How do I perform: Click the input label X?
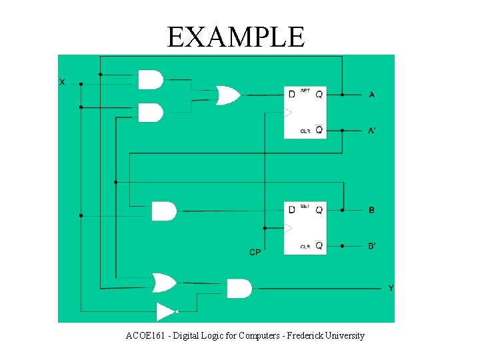click(62, 82)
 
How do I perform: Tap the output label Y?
click(391, 288)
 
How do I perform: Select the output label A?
click(371, 95)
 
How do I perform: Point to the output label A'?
click(372, 130)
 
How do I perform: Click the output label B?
click(371, 210)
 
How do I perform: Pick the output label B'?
click(372, 246)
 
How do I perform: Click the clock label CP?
click(255, 252)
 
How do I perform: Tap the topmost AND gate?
click(150, 79)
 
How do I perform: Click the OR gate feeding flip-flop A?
click(227, 95)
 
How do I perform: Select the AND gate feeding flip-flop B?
click(163, 211)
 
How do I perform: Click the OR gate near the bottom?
click(163, 283)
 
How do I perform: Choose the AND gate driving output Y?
click(239, 288)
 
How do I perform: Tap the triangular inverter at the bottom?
click(165, 311)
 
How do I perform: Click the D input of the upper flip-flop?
click(291, 95)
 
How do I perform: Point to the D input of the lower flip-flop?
click(291, 210)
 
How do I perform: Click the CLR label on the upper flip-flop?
click(305, 131)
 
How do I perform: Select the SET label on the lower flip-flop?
click(305, 206)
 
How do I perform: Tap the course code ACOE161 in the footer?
click(145, 335)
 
